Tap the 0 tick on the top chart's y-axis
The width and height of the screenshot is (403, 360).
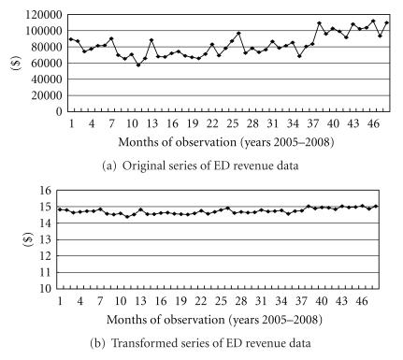(x=58, y=111)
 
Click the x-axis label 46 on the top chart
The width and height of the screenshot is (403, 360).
(x=375, y=122)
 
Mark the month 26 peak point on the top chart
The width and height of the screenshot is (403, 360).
(x=239, y=33)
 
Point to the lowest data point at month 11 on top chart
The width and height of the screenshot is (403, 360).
(x=138, y=65)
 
